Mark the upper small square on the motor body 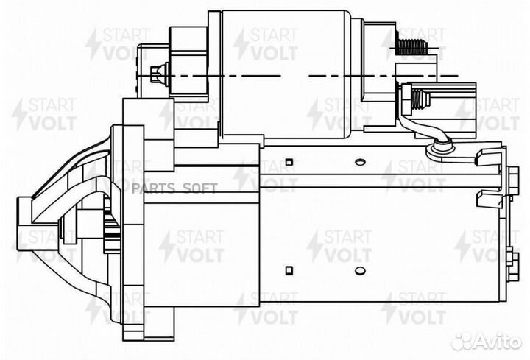click(x=290, y=161)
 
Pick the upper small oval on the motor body click(x=359, y=161)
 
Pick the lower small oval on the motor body click(x=359, y=268)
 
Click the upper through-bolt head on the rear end click(x=509, y=175)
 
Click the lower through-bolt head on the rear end click(x=509, y=256)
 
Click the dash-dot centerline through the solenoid click(x=294, y=76)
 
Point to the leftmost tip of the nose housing click(x=16, y=213)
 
